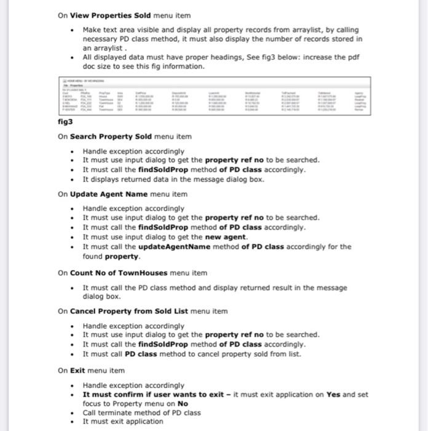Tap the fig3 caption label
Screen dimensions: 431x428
click(x=65, y=122)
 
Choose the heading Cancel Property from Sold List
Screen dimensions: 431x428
click(x=129, y=311)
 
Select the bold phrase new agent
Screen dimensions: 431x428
click(x=227, y=237)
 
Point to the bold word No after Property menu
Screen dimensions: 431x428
click(x=183, y=404)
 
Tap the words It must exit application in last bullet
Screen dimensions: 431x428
click(x=123, y=422)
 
